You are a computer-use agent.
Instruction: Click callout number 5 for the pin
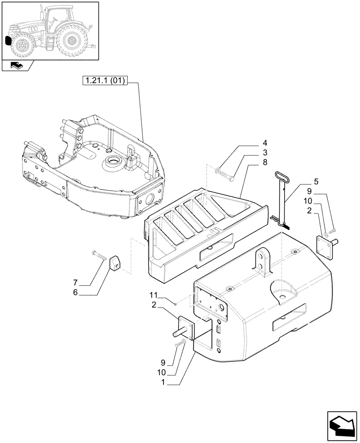pos(316,181)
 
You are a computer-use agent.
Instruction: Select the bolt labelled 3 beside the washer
pos(229,175)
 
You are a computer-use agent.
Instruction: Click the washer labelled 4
pos(218,171)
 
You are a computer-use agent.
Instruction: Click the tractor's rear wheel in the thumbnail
pos(72,41)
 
